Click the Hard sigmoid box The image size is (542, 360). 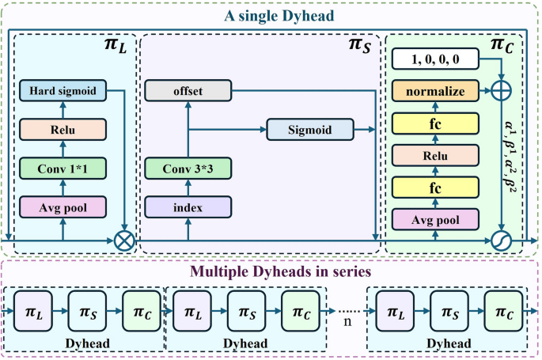click(63, 92)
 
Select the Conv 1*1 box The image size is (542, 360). click(63, 168)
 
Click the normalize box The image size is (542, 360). click(435, 92)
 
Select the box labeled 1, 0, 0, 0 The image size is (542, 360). click(435, 59)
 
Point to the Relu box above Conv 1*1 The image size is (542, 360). click(63, 130)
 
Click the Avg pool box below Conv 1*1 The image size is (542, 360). click(63, 207)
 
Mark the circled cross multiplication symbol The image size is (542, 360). click(124, 239)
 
